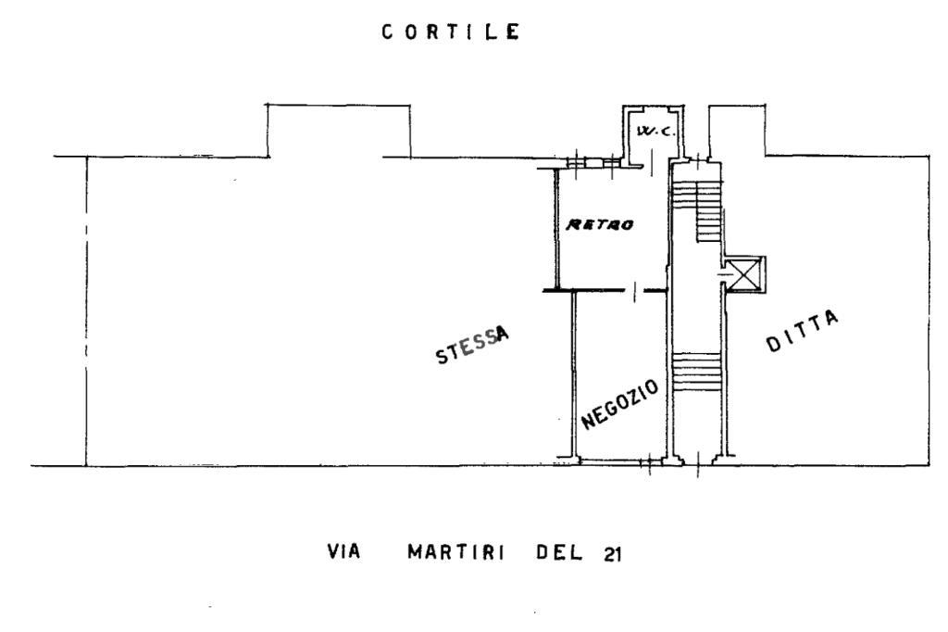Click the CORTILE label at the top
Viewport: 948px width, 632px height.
pyautogui.click(x=451, y=32)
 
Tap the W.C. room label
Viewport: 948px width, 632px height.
pyautogui.click(x=655, y=131)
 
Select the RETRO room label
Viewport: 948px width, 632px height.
pyautogui.click(x=600, y=224)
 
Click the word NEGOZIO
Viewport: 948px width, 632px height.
pyautogui.click(x=619, y=404)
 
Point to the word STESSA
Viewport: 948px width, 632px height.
pyautogui.click(x=472, y=345)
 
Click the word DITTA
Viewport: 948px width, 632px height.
pyautogui.click(x=803, y=331)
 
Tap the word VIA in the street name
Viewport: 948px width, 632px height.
pyautogui.click(x=343, y=551)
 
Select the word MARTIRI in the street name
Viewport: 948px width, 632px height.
pyautogui.click(x=455, y=552)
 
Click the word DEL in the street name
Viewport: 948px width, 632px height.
pyautogui.click(x=559, y=552)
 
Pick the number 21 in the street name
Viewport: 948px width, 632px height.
pyautogui.click(x=612, y=554)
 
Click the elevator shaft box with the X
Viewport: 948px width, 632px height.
pyautogui.click(x=745, y=274)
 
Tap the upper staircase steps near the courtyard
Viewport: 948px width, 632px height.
pyautogui.click(x=697, y=209)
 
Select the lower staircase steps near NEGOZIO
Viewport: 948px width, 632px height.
pyautogui.click(x=696, y=373)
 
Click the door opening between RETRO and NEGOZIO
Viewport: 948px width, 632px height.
pyautogui.click(x=634, y=292)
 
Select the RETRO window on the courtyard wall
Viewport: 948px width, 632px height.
pyautogui.click(x=593, y=162)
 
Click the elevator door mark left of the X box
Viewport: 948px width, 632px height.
pyautogui.click(x=724, y=275)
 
